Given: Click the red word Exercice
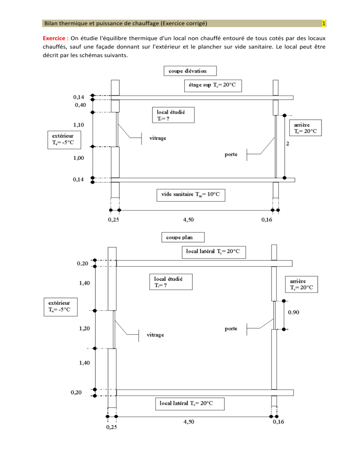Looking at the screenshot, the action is coord(54,38).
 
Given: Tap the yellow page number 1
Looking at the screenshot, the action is coord(324,23).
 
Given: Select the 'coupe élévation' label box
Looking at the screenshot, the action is coord(190,71).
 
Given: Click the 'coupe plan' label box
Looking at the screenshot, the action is coord(183,238).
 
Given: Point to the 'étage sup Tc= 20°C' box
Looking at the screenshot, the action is coord(213,86).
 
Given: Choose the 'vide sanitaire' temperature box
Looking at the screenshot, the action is coord(191,195).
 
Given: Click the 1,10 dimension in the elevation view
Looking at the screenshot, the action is coord(78,125).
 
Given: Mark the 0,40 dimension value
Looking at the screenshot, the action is coord(80,105).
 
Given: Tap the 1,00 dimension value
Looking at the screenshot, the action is coord(78,158).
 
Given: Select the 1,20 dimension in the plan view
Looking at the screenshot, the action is coord(84,328).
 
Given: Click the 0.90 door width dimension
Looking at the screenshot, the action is coord(293,312).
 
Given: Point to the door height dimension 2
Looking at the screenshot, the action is coord(287,143).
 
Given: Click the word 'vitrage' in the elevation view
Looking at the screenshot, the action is coord(157,138).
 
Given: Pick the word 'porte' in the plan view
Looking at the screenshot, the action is coord(231,329).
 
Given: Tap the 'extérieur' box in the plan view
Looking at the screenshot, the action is coord(60,307).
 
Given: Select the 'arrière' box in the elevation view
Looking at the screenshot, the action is coord(306,128).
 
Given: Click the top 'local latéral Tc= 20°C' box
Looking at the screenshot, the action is coord(214,252).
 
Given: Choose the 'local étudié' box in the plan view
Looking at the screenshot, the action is coord(171,282).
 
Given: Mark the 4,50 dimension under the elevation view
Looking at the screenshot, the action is coord(188,219).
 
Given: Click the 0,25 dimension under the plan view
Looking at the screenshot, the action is coord(112,427).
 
